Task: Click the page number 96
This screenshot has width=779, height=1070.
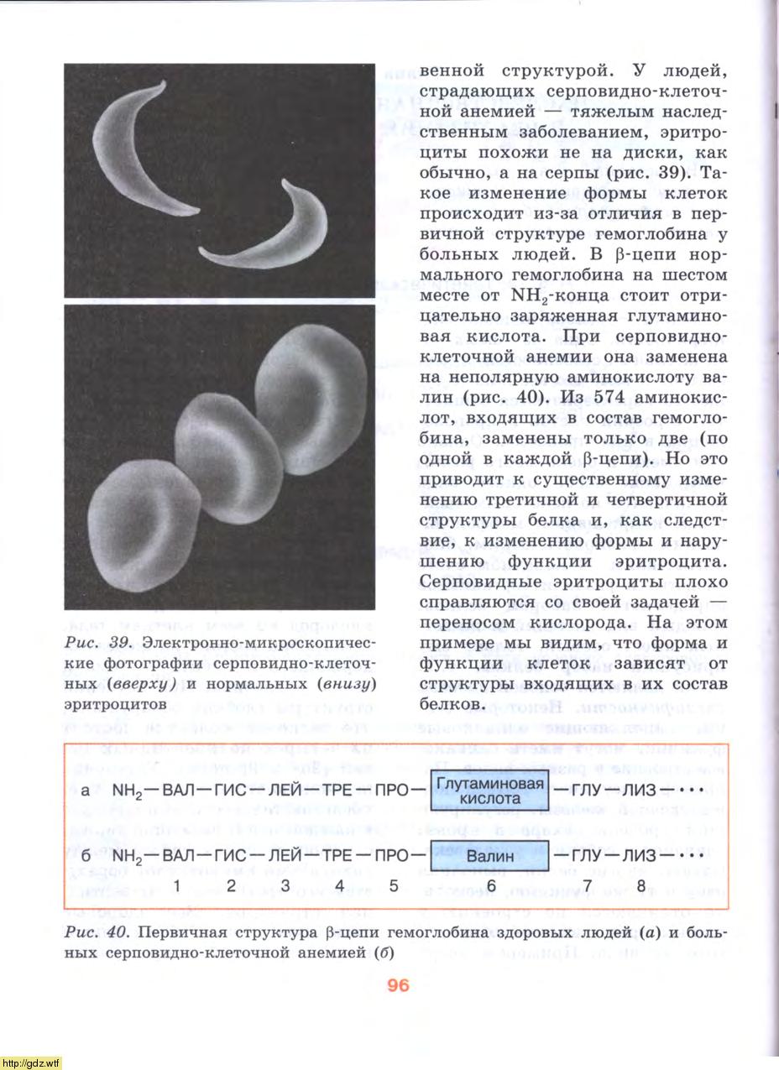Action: tap(399, 985)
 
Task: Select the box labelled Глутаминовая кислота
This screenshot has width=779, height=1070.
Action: tap(489, 790)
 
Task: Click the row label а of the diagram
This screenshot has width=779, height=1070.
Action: tap(86, 791)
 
